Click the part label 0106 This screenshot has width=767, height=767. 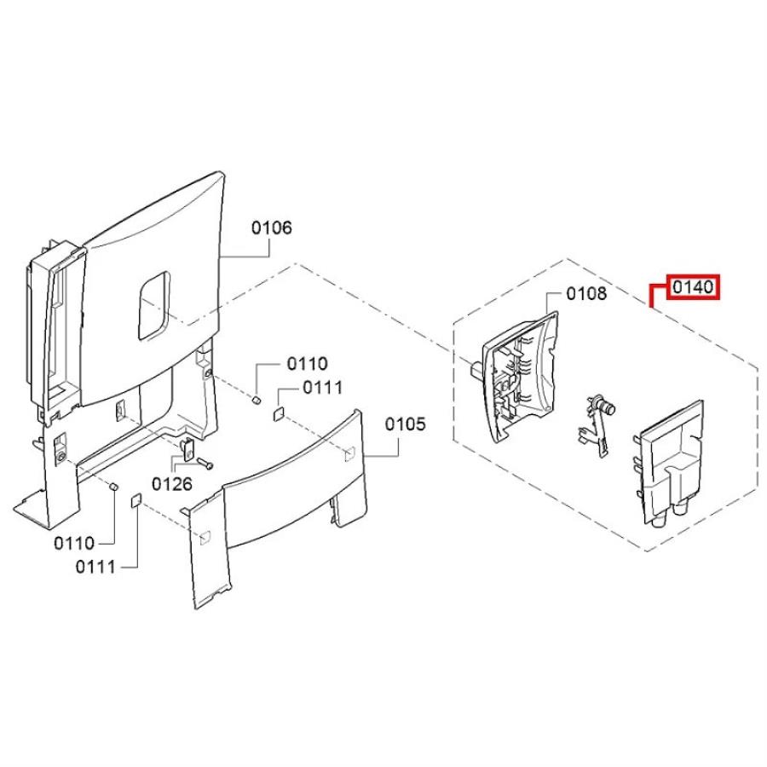(x=272, y=228)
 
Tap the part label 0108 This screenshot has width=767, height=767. (x=586, y=293)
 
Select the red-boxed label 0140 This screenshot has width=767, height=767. (x=693, y=287)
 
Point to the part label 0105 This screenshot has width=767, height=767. (x=405, y=424)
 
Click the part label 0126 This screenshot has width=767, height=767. (x=172, y=484)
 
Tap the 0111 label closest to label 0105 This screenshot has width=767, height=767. (x=322, y=388)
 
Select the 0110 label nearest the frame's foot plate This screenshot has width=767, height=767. (x=74, y=543)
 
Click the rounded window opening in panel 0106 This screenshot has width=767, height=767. (x=153, y=306)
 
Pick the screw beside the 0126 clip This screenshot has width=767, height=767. (x=205, y=462)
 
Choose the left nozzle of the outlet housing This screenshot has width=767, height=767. (x=659, y=520)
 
